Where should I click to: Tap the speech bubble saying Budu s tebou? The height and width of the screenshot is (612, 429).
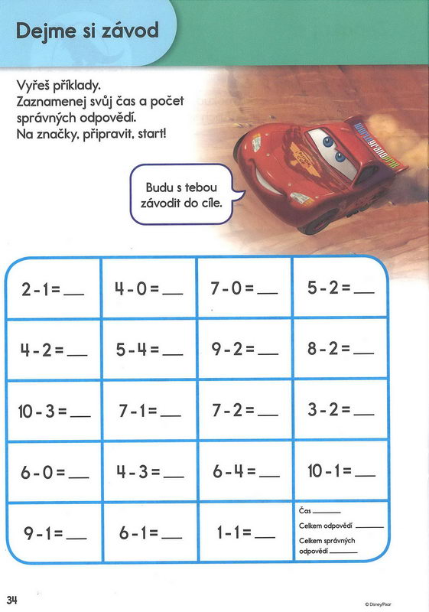pos(180,194)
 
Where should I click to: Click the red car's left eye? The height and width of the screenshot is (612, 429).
pos(320,140)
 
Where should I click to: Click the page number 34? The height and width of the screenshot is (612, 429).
pos(13,597)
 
